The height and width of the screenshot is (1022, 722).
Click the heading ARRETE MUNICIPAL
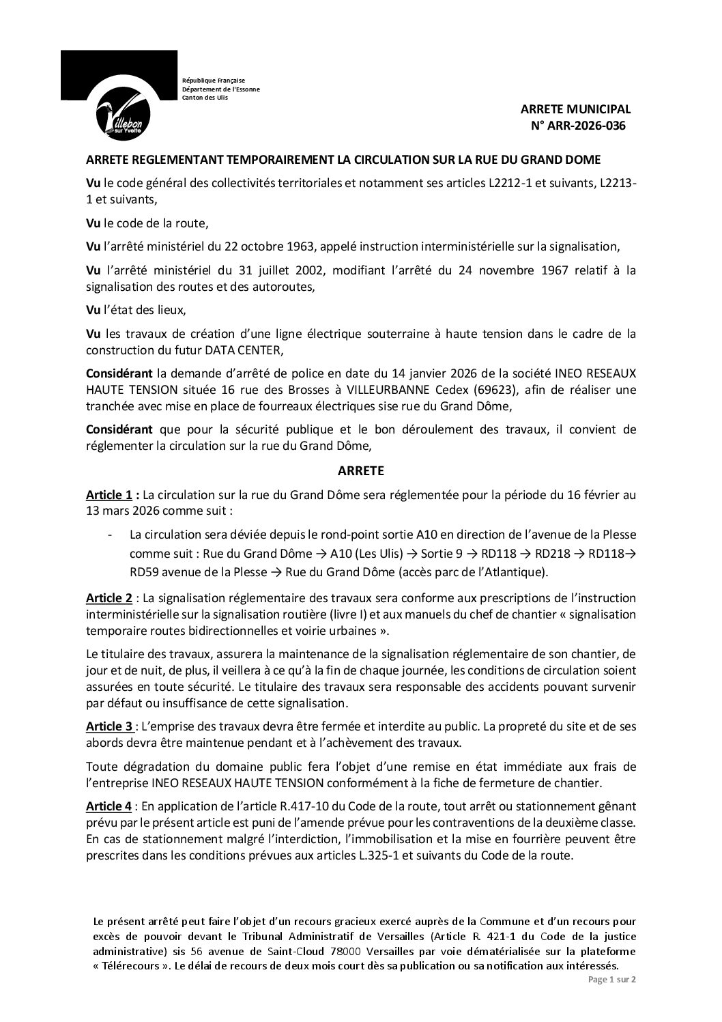[x=576, y=109]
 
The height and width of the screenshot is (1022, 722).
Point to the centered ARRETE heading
[x=361, y=470]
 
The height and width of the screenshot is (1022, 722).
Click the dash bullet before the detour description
[x=111, y=535]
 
